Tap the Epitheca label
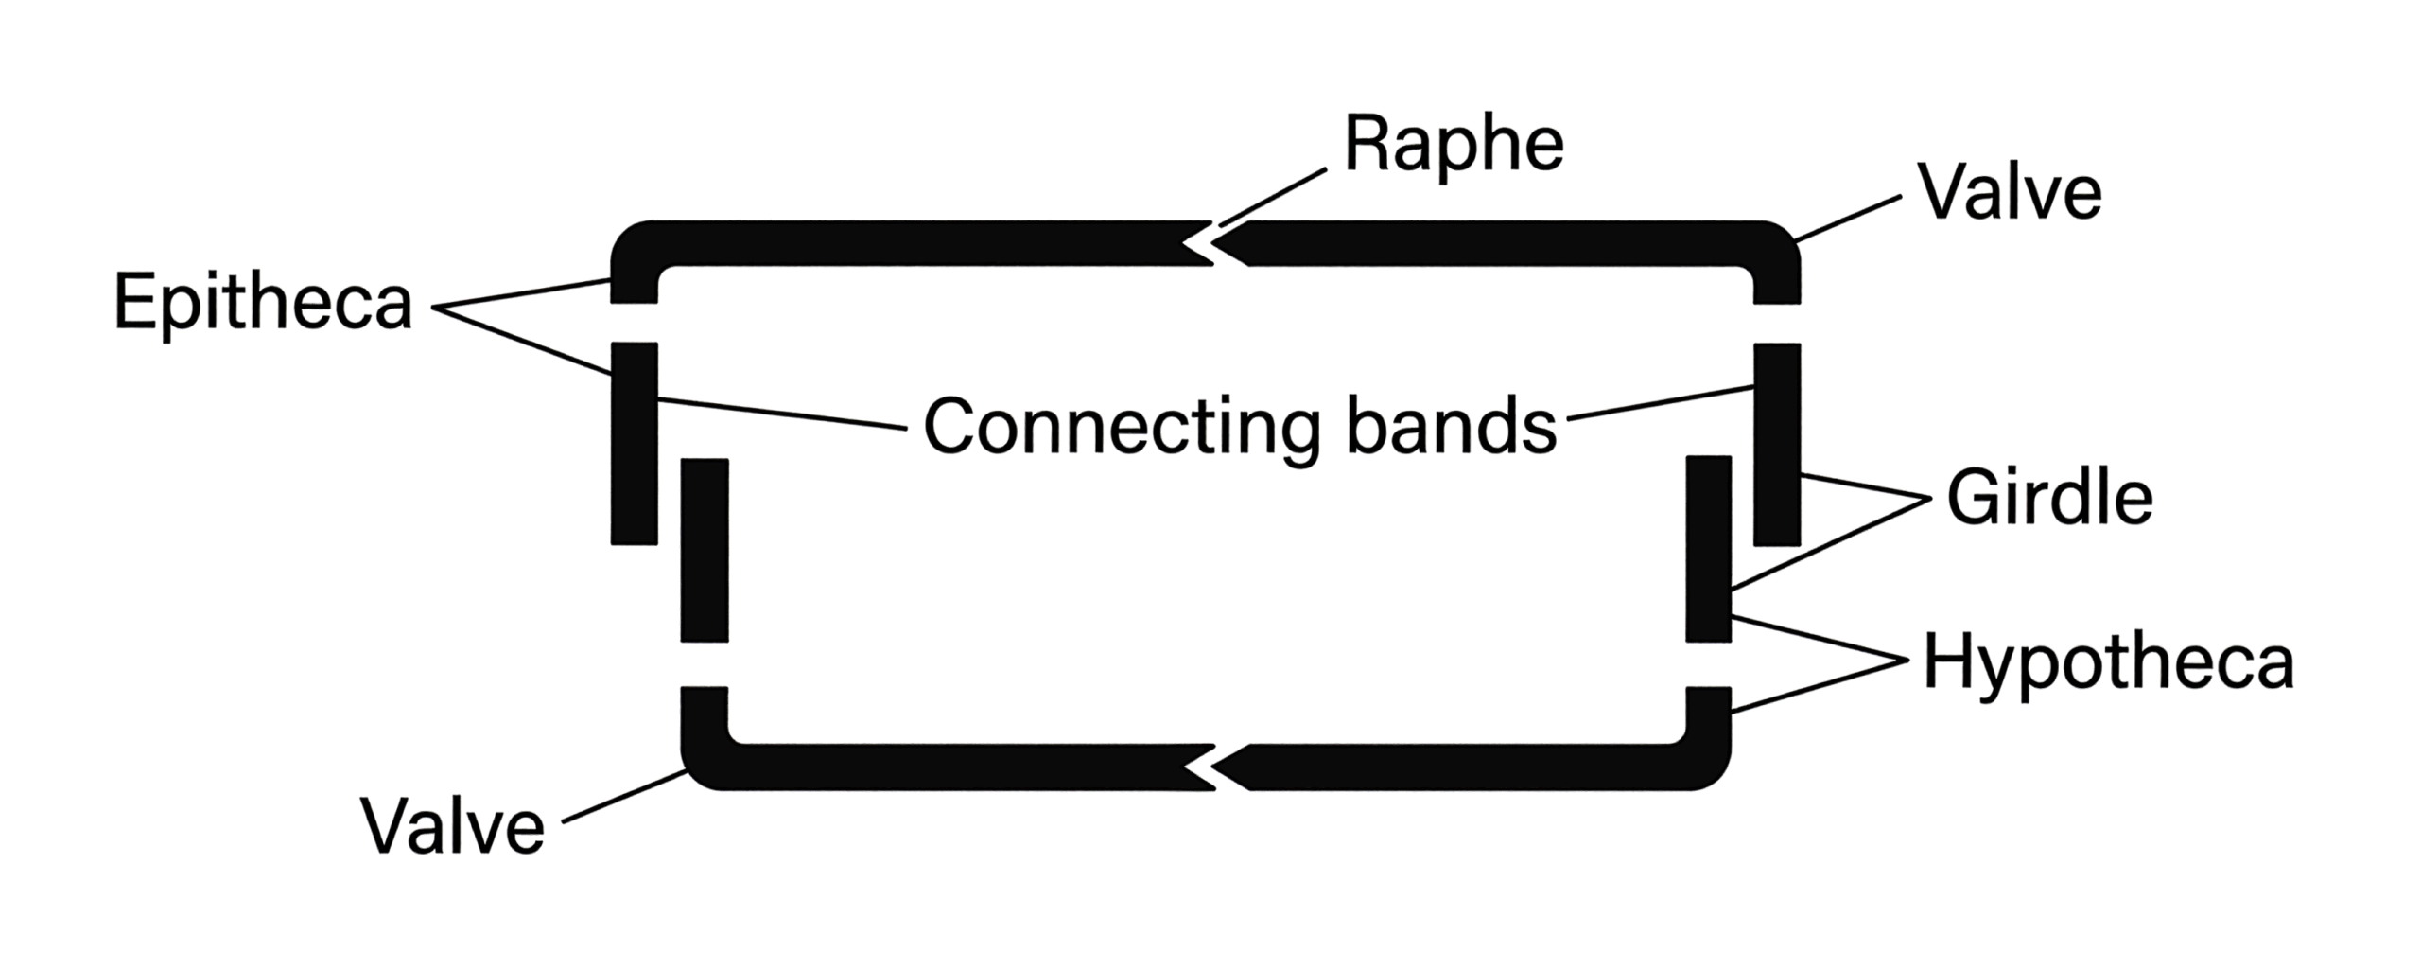click(x=263, y=303)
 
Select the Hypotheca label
click(x=2109, y=662)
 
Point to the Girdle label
click(x=2050, y=498)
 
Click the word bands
click(x=1452, y=426)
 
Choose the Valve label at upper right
click(x=2010, y=193)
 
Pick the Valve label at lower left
click(x=453, y=826)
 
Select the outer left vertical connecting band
click(x=634, y=444)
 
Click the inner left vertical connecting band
click(x=705, y=551)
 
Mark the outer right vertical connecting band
click(x=1777, y=445)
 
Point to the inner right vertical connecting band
click(x=1709, y=549)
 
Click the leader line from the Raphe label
click(x=1273, y=198)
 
